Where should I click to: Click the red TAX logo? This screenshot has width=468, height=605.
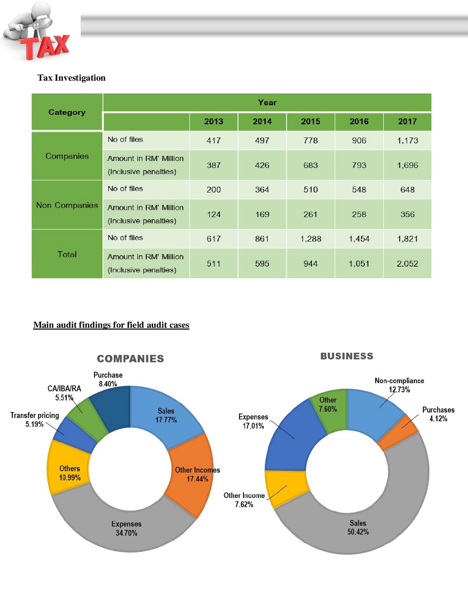click(46, 46)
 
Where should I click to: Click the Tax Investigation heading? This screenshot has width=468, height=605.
click(72, 78)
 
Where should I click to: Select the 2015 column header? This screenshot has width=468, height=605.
click(311, 121)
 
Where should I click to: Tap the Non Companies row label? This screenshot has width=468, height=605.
click(67, 205)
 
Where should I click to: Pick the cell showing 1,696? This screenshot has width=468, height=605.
click(407, 165)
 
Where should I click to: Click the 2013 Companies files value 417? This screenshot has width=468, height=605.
click(214, 141)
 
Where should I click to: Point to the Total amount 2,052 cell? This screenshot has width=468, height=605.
click(407, 264)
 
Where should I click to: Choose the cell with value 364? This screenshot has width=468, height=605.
click(262, 190)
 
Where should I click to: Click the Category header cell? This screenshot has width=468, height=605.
click(67, 112)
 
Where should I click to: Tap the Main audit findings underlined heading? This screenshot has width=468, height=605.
click(111, 325)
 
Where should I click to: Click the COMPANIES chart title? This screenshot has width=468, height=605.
click(130, 358)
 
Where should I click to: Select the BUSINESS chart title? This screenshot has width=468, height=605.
click(347, 356)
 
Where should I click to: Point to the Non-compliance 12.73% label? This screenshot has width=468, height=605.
click(399, 385)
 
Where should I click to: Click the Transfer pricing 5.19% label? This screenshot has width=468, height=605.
click(35, 419)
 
